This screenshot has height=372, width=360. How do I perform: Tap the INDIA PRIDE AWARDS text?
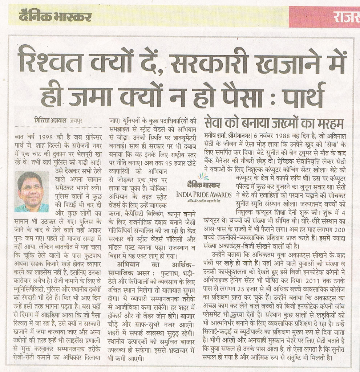[x=203, y=195]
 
